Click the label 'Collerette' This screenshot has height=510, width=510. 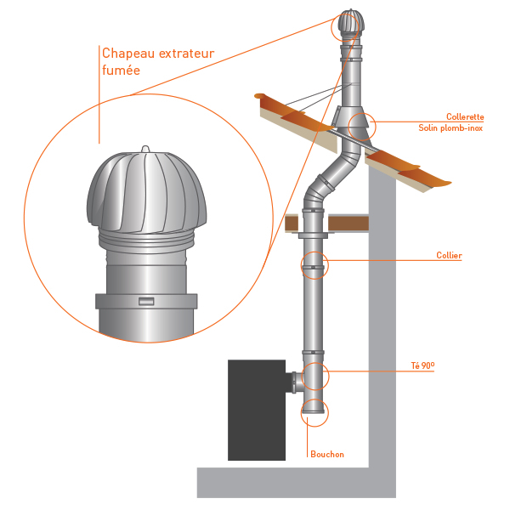tap(465, 117)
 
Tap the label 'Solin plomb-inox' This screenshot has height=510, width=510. tap(450, 128)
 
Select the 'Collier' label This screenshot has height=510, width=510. tap(449, 254)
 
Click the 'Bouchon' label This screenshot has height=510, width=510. tap(327, 454)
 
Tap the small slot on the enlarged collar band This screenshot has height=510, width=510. tap(146, 302)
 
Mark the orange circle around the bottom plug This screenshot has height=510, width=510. tap(314, 411)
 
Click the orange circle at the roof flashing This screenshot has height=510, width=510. tap(361, 127)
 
